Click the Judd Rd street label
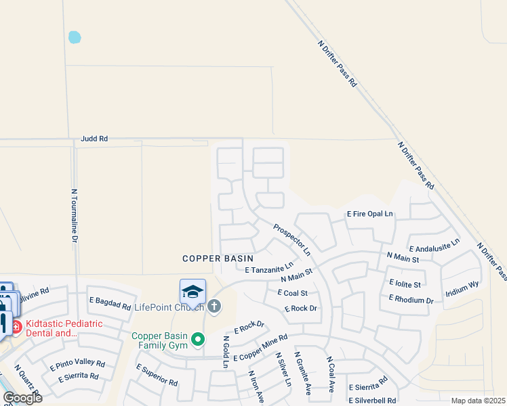click(x=94, y=139)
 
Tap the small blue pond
click(x=75, y=37)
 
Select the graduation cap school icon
click(x=192, y=292)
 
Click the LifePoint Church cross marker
click(x=214, y=307)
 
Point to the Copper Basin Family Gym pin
click(x=198, y=339)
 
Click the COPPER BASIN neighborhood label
click(x=218, y=258)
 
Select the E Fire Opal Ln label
click(x=370, y=214)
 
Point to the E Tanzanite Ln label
click(x=270, y=267)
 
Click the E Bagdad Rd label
click(x=110, y=302)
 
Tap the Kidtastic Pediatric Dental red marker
click(x=15, y=328)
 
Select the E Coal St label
click(x=293, y=293)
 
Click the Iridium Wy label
click(x=462, y=290)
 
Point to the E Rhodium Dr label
click(x=411, y=299)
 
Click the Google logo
click(x=22, y=398)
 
